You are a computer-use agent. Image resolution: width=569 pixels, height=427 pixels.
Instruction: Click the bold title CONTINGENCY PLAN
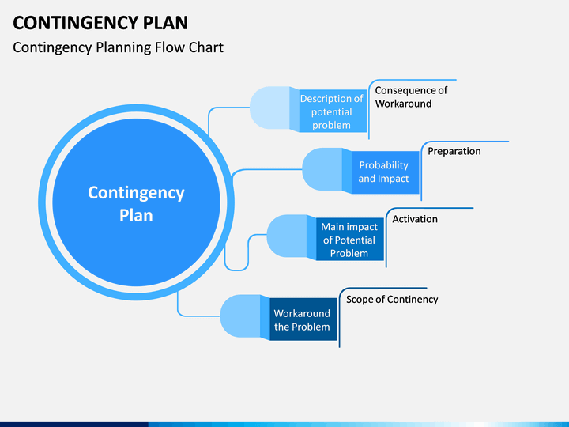pyautogui.click(x=100, y=23)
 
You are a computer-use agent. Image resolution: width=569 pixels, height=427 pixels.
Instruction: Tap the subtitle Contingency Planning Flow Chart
pyautogui.click(x=118, y=47)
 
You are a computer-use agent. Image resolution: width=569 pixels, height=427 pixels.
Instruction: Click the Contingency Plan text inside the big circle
pyautogui.click(x=136, y=204)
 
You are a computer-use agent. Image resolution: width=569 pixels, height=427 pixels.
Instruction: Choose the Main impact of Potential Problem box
pyautogui.click(x=350, y=240)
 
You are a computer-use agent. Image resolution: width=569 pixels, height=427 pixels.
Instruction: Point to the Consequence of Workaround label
pyautogui.click(x=411, y=97)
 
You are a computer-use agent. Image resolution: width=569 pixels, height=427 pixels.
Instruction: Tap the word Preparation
pyautogui.click(x=454, y=151)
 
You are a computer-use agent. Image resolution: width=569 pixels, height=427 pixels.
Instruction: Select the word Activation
pyautogui.click(x=415, y=219)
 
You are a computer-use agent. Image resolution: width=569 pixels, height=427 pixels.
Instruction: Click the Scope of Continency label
pyautogui.click(x=392, y=299)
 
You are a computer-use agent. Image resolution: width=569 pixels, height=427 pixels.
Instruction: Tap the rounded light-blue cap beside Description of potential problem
pyautogui.click(x=269, y=108)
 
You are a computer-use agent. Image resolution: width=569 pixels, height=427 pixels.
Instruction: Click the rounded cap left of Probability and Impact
pyautogui.click(x=322, y=169)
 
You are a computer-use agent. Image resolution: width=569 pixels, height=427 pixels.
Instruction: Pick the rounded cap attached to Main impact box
pyautogui.click(x=287, y=236)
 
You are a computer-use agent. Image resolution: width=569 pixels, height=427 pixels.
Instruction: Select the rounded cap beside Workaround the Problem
pyautogui.click(x=240, y=316)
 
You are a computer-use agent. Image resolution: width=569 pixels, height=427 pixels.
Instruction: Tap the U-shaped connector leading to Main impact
pyautogui.click(x=236, y=270)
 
